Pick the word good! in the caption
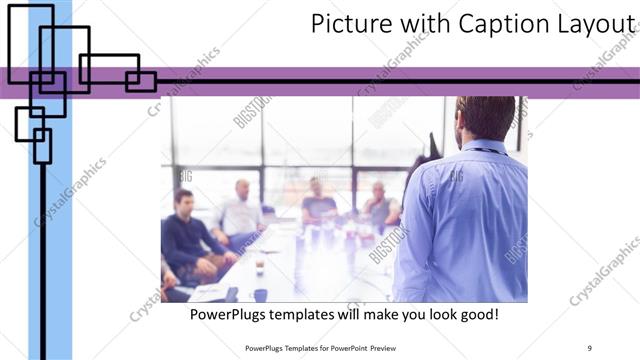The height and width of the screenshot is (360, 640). (x=478, y=315)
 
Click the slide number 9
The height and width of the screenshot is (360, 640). (x=590, y=347)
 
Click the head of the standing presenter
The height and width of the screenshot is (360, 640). (x=484, y=119)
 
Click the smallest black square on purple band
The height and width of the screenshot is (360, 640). (x=141, y=81)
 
